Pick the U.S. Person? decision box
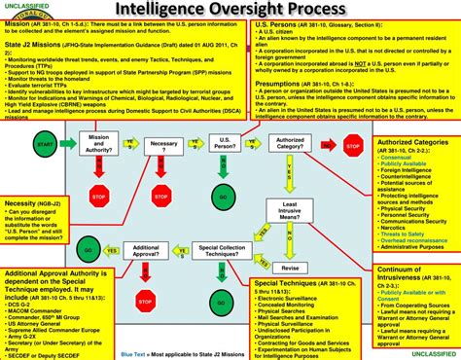[x=224, y=144]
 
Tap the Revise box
[x=289, y=267]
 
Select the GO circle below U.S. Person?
[x=224, y=198]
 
